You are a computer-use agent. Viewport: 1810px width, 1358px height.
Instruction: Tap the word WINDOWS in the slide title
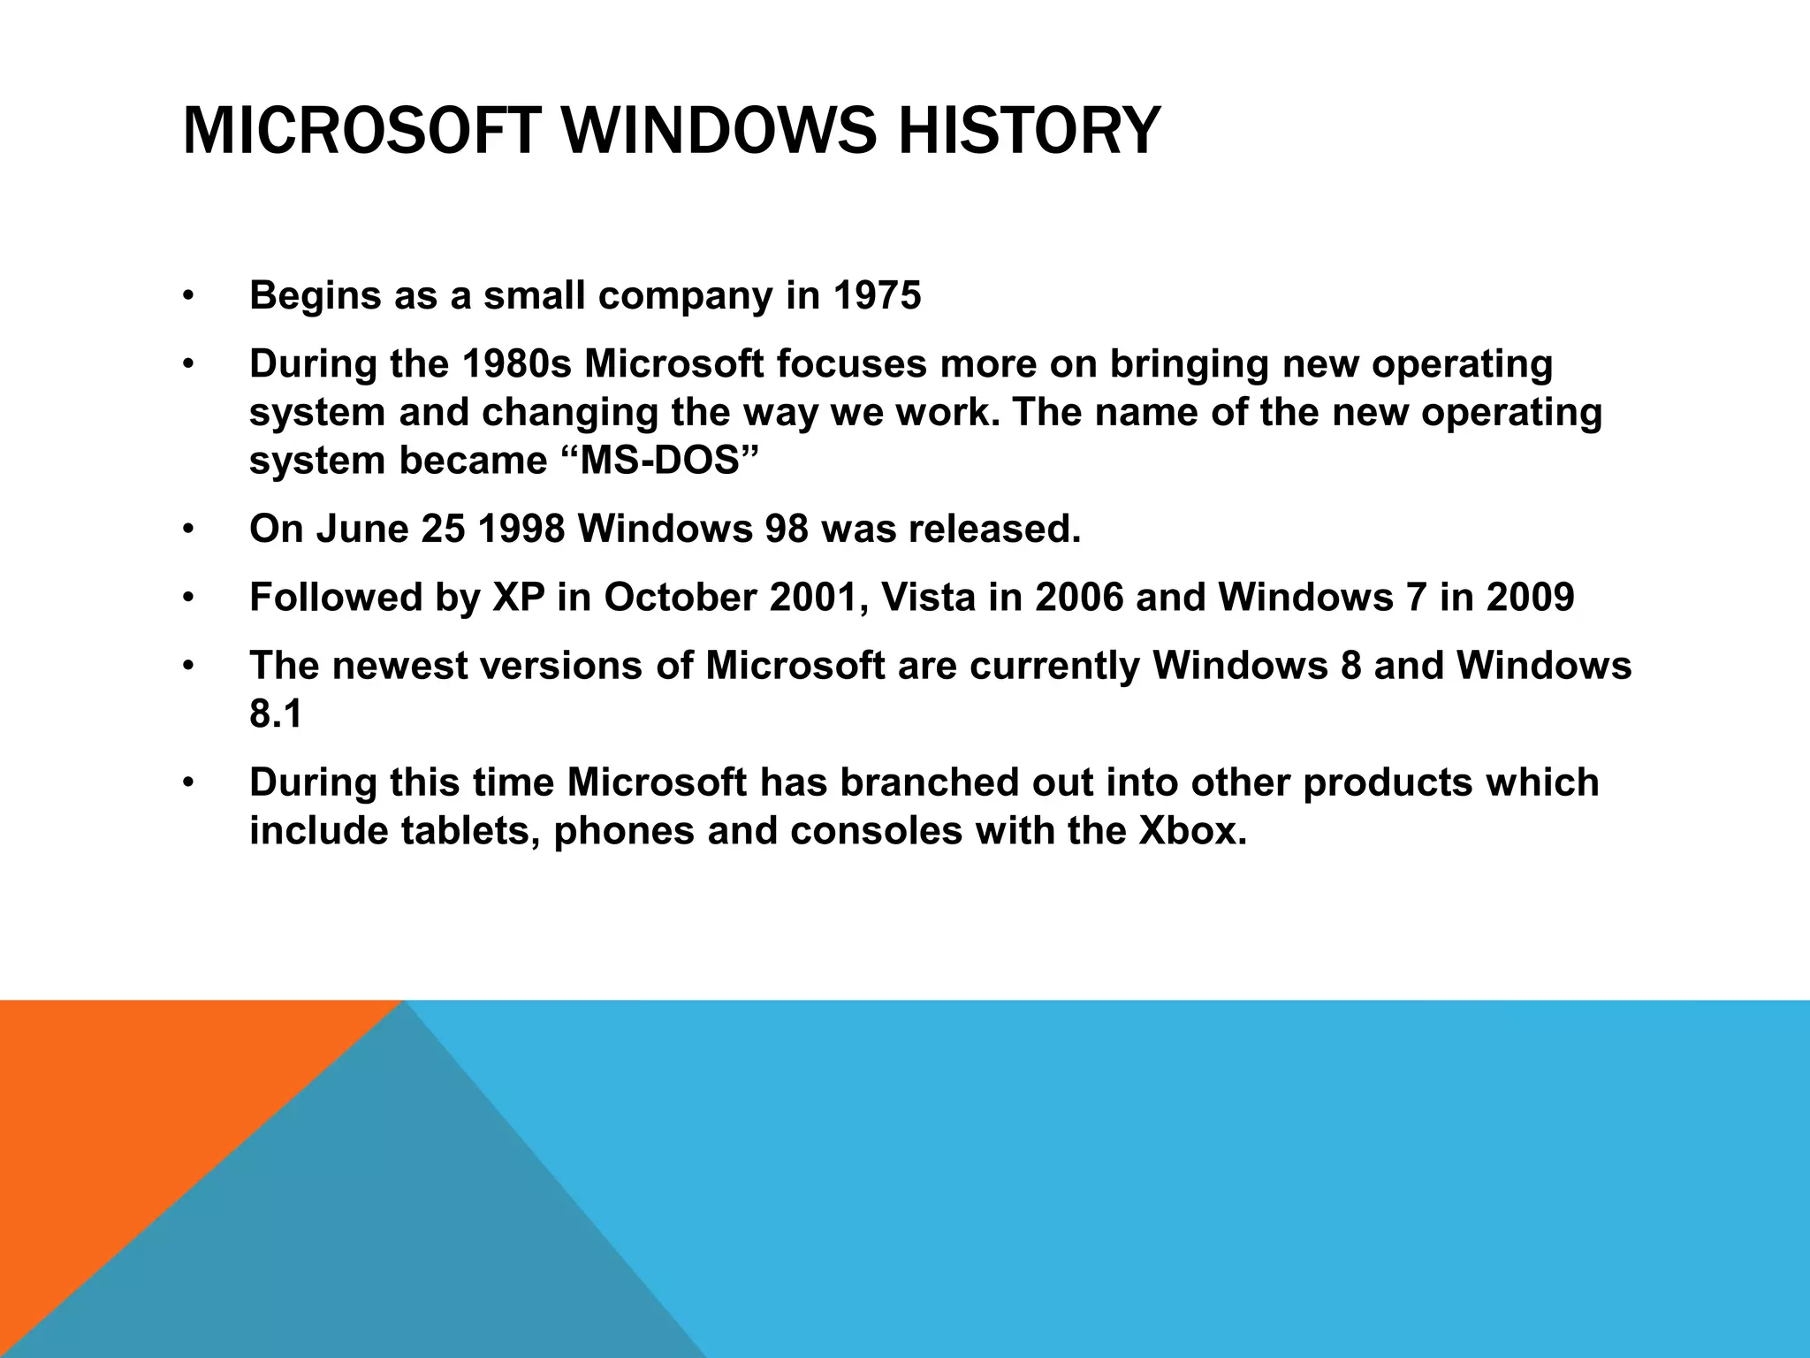(x=718, y=131)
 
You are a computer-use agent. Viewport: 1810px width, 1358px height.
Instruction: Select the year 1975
(x=877, y=295)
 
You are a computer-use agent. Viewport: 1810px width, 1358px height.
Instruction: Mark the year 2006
(x=1079, y=597)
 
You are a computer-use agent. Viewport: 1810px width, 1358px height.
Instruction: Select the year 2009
(x=1530, y=597)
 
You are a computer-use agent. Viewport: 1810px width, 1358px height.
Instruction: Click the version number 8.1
(x=276, y=713)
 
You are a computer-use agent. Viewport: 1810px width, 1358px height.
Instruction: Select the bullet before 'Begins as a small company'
(x=187, y=296)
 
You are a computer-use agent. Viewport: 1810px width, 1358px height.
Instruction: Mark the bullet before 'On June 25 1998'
(x=187, y=530)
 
